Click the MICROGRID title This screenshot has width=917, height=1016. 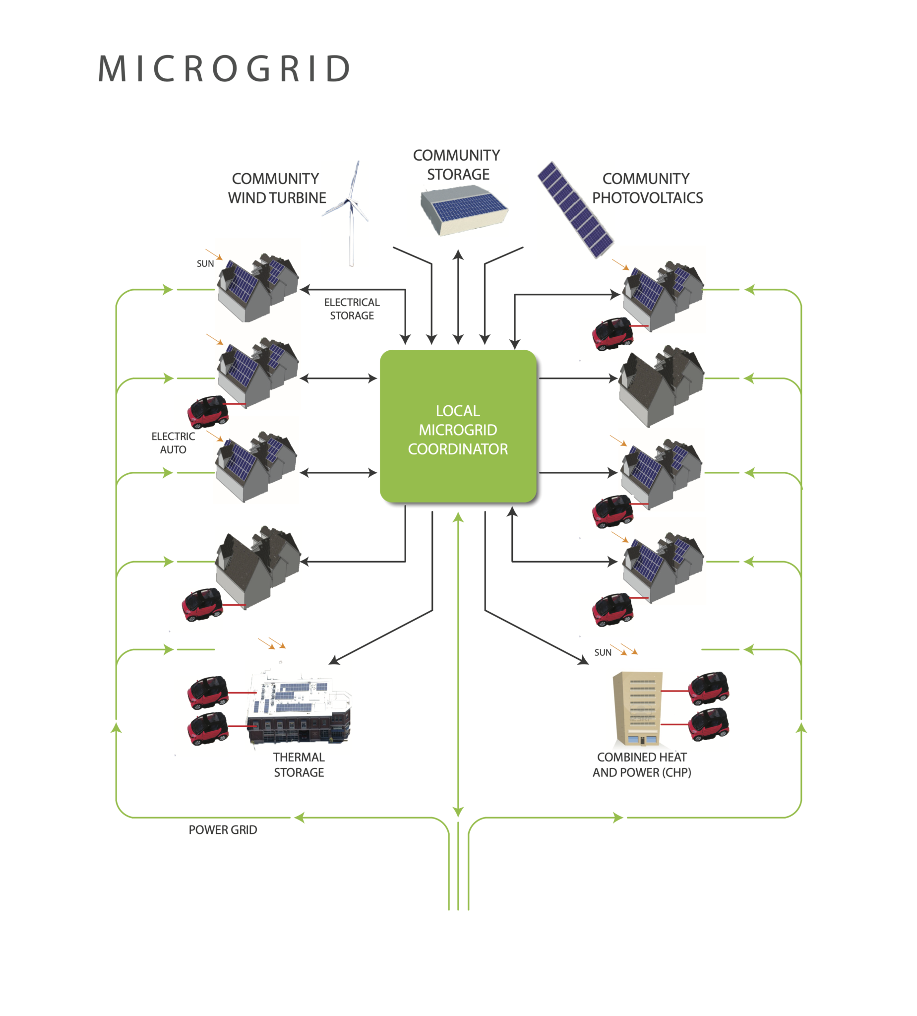pyautogui.click(x=224, y=69)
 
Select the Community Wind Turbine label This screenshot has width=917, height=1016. pyautogui.click(x=277, y=188)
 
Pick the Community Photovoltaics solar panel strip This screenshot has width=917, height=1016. pyautogui.click(x=575, y=209)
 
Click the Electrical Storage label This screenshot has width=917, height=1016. pyautogui.click(x=352, y=309)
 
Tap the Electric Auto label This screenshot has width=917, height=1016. pyautogui.click(x=173, y=443)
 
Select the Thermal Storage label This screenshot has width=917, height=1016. pyautogui.click(x=299, y=764)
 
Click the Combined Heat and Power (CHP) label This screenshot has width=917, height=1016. pyautogui.click(x=641, y=764)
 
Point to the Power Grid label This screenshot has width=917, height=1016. pyautogui.click(x=223, y=830)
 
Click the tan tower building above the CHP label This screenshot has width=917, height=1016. pyautogui.click(x=637, y=708)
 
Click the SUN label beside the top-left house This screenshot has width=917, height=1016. pyautogui.click(x=205, y=263)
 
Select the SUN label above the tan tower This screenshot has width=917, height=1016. pyautogui.click(x=603, y=653)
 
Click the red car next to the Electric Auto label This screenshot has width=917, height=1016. pyautogui.click(x=208, y=411)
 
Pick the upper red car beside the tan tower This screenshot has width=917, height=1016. pyautogui.click(x=709, y=688)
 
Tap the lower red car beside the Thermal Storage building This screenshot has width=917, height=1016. pyautogui.click(x=208, y=728)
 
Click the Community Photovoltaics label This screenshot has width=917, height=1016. pyautogui.click(x=647, y=188)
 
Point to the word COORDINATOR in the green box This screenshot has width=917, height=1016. pyautogui.click(x=457, y=449)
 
